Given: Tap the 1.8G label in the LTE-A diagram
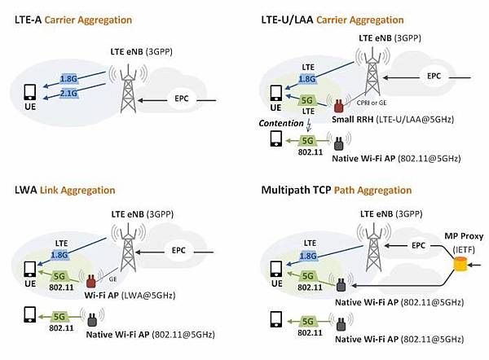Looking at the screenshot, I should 71,78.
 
